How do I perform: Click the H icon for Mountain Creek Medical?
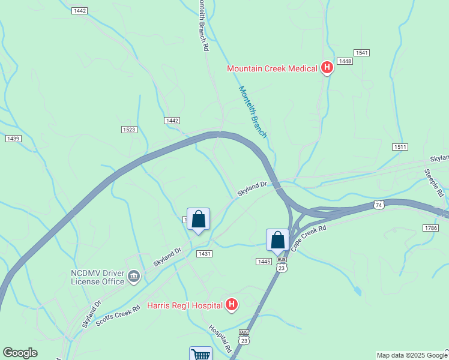tap(327, 68)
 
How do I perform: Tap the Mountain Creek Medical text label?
tap(272, 68)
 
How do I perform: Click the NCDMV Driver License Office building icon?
tap(134, 276)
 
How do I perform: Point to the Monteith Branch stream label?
tap(252, 112)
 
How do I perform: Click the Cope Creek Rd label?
tap(309, 238)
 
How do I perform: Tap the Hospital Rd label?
tap(220, 338)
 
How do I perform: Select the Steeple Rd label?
tap(434, 183)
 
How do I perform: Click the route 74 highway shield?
tap(378, 205)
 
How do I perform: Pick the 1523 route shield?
tap(129, 130)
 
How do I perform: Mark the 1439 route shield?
tap(13, 139)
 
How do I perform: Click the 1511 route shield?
tap(400, 147)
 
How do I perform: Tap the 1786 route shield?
tap(430, 228)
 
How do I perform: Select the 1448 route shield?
tap(345, 61)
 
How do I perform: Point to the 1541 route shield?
tap(361, 53)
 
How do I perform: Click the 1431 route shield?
tap(204, 254)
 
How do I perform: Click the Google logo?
tap(20, 353)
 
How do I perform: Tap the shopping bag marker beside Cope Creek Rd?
tap(278, 240)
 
